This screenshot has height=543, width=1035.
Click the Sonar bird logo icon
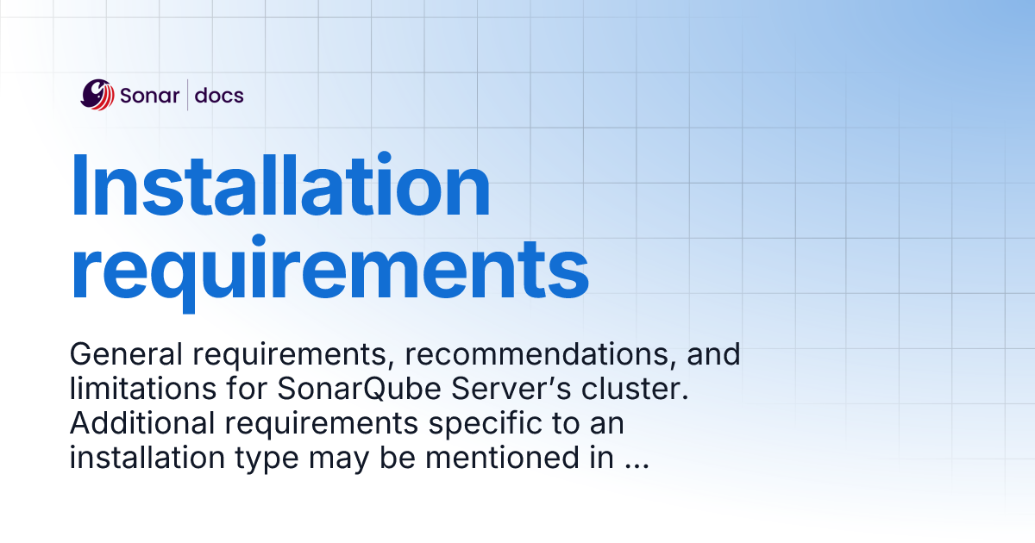pos(97,95)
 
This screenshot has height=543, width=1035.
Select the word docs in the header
pos(219,95)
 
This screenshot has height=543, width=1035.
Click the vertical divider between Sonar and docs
pos(187,95)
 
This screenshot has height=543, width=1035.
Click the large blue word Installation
pos(280,187)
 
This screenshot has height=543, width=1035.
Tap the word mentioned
pos(493,459)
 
